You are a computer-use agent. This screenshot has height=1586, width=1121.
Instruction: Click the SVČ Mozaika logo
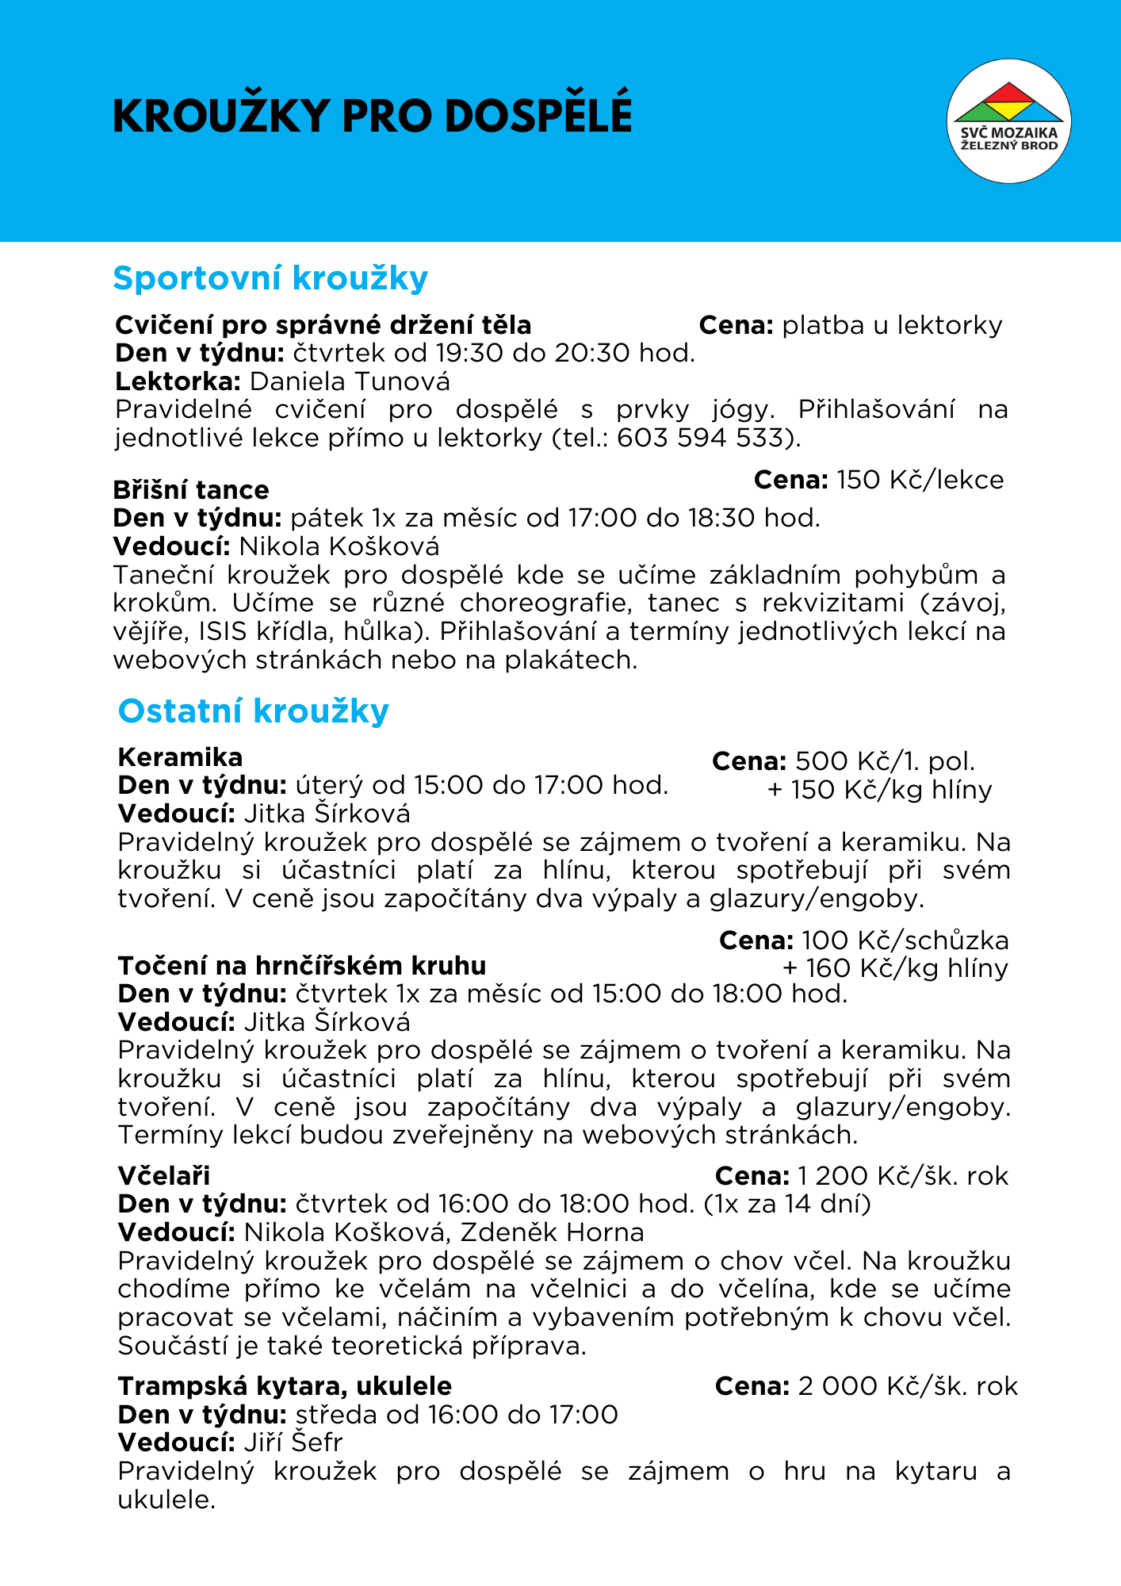[1008, 121]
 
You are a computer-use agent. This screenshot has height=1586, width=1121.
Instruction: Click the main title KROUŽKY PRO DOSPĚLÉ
[373, 116]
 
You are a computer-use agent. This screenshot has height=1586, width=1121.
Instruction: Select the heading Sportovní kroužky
[270, 278]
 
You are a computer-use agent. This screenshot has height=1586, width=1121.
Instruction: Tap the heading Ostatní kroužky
[253, 711]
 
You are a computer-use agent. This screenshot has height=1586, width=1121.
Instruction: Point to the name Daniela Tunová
[350, 381]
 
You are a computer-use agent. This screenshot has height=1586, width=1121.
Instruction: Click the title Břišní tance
[191, 489]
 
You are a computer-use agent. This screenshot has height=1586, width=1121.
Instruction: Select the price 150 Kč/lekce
[920, 480]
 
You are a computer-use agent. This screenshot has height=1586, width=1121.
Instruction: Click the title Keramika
[180, 757]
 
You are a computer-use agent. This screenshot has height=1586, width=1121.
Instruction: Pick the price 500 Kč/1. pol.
[885, 761]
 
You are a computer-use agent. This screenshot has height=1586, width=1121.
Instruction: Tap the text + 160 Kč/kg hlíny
[895, 968]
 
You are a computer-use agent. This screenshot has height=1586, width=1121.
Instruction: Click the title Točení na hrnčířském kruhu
[302, 965]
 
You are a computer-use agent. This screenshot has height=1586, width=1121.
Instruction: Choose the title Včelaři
[164, 1175]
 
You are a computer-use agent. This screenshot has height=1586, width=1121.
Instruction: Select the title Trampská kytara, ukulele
[285, 1385]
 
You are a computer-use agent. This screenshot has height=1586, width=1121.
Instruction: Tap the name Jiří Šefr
[293, 1442]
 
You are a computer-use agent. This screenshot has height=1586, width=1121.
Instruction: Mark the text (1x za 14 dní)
[787, 1204]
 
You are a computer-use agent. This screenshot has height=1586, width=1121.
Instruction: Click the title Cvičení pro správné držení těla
[323, 325]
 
